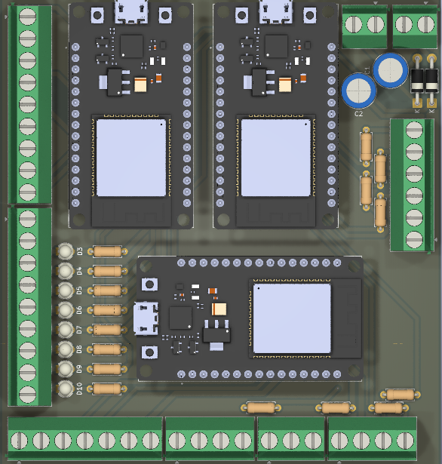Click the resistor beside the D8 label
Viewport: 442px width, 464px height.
tap(106, 349)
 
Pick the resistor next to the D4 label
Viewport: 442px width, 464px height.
tap(106, 271)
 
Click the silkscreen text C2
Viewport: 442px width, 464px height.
tap(359, 114)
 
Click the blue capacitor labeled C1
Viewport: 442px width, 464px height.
tap(389, 69)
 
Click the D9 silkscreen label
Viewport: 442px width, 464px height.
tap(79, 369)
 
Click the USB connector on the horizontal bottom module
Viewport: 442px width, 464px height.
tap(143, 318)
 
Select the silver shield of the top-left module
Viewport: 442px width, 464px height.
tap(130, 157)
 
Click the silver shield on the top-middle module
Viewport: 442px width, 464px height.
tap(275, 157)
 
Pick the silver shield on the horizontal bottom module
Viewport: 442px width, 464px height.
tap(291, 318)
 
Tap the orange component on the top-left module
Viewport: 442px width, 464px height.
tap(140, 85)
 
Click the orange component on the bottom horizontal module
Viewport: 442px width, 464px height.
tap(219, 309)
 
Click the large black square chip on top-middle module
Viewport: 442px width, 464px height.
tap(276, 45)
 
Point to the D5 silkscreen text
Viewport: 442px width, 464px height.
tap(79, 290)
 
